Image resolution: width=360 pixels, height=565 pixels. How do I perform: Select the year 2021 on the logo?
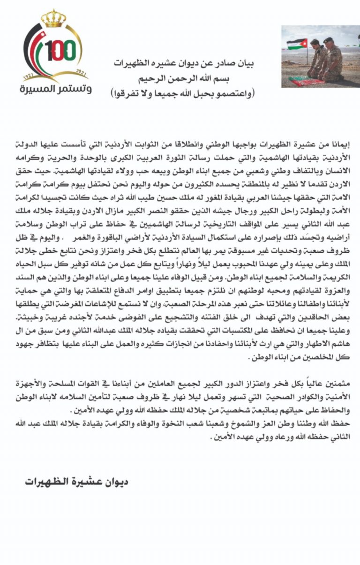tap(81, 74)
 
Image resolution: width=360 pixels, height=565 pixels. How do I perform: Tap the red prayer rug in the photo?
tap(307, 81)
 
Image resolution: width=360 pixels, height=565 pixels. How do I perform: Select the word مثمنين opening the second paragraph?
tap(339, 383)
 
